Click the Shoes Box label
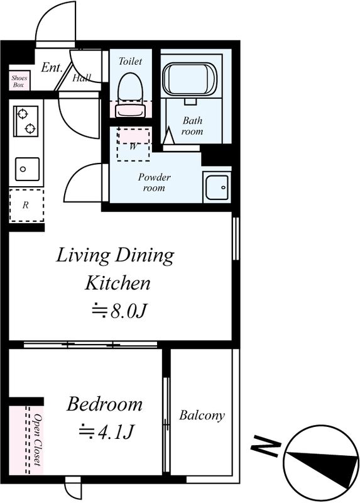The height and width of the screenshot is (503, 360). [19, 81]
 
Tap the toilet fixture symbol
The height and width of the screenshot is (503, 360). [130, 95]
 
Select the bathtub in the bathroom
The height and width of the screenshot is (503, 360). [190, 79]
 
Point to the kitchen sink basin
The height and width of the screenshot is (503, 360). [27, 169]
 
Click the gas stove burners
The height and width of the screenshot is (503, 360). [26, 121]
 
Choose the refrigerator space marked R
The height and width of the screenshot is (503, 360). [26, 205]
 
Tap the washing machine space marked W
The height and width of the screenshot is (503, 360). [133, 145]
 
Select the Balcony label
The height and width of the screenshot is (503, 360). [202, 416]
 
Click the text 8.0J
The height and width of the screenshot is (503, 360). [129, 311]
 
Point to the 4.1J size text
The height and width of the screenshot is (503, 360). [116, 432]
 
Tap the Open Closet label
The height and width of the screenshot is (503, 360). [38, 439]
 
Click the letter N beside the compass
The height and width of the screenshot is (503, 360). [266, 446]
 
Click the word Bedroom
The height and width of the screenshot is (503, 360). [104, 404]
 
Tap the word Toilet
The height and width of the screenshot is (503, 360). [130, 61]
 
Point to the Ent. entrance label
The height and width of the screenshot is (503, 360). [52, 67]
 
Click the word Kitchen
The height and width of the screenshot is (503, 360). [117, 283]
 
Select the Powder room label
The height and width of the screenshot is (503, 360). [154, 182]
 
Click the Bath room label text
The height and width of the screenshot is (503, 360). [192, 126]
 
